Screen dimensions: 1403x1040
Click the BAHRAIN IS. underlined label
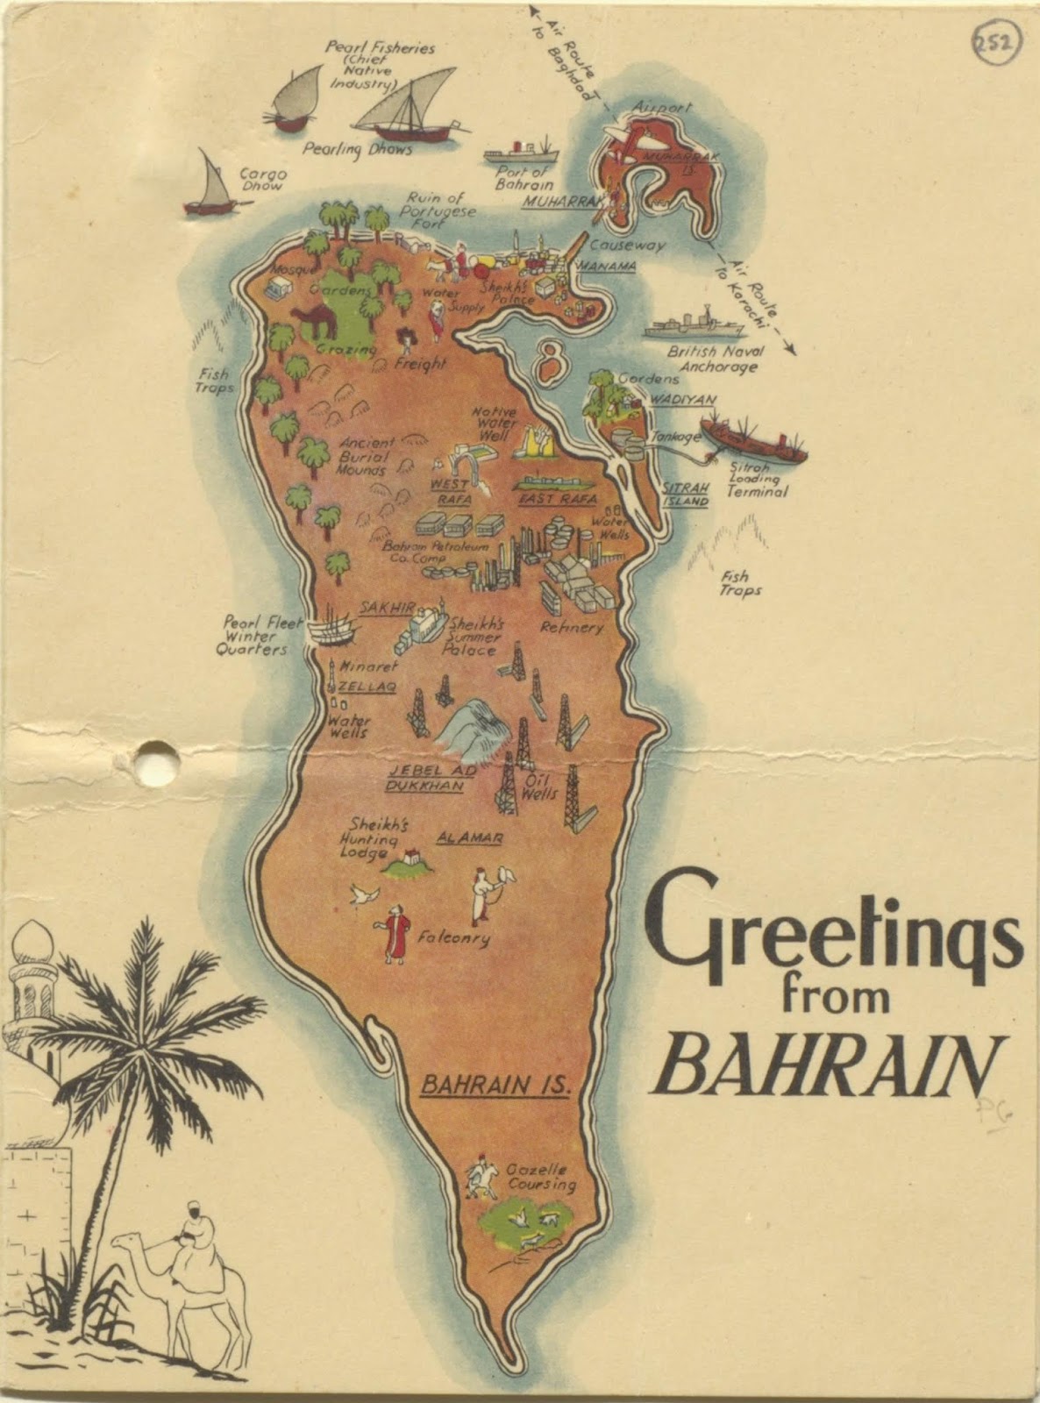tap(495, 1086)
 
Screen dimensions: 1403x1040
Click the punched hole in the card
tap(156, 757)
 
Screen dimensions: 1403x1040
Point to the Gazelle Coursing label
tap(542, 1179)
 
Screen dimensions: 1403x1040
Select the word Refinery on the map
tap(572, 628)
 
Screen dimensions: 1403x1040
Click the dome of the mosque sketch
tap(32, 942)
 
